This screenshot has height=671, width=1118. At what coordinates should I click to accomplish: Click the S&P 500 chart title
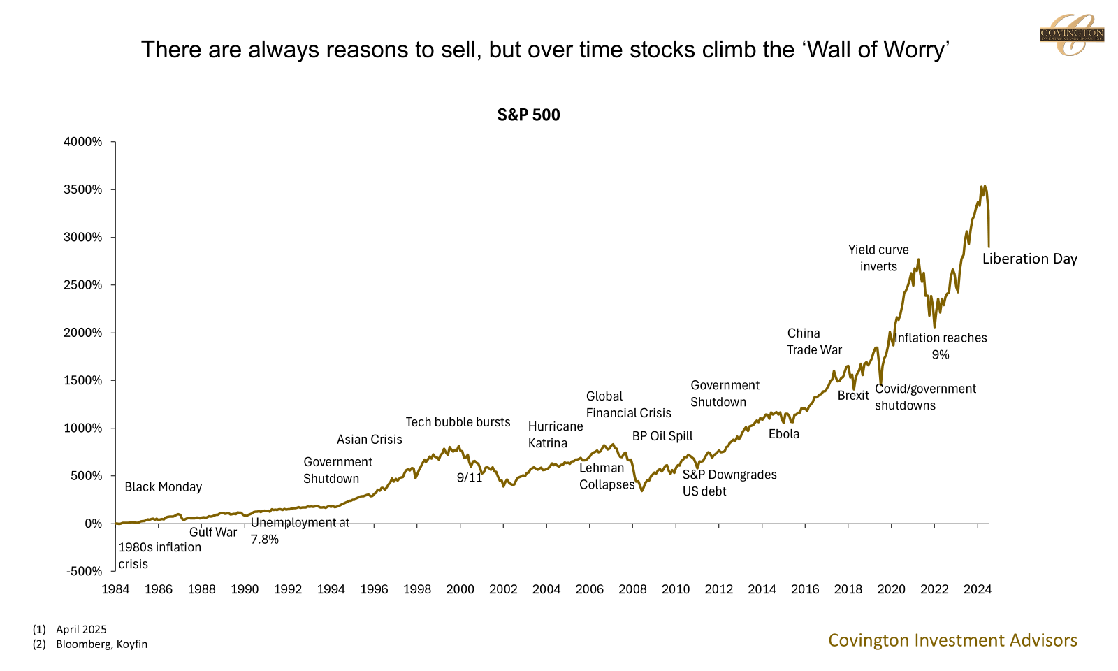528,115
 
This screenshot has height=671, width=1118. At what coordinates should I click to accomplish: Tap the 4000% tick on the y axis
83,142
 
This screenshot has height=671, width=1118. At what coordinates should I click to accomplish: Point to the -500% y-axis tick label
84,571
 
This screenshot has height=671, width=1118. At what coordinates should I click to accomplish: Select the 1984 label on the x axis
115,589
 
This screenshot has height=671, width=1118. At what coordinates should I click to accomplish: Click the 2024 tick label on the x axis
978,589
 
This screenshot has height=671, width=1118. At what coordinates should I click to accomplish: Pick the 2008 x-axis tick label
632,589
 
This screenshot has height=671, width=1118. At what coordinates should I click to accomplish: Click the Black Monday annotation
163,487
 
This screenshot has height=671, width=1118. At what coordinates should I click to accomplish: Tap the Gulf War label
213,532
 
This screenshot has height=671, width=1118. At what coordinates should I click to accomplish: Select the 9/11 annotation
470,478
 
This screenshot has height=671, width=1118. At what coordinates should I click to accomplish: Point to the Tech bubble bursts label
458,422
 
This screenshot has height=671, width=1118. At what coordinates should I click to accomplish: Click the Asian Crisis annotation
369,440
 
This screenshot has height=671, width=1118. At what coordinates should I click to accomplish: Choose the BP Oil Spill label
662,436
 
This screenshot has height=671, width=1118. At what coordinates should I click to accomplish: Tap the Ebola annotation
783,434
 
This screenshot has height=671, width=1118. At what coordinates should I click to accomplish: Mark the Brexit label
853,396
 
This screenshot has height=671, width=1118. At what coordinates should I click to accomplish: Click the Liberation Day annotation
1029,259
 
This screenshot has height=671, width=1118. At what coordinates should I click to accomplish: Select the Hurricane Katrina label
556,435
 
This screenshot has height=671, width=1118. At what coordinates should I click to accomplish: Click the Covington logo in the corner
1071,34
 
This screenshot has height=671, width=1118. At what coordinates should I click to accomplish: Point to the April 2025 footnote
81,629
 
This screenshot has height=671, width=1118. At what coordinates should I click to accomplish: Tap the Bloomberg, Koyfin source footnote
101,644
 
